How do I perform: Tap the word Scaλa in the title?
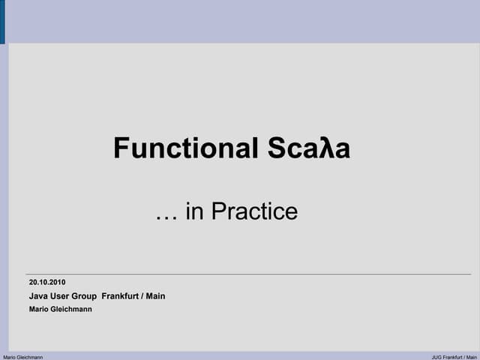[x=308, y=148]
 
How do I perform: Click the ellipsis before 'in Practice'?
[x=166, y=212]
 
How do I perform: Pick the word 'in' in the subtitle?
[x=194, y=212]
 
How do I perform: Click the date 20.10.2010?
[x=47, y=283]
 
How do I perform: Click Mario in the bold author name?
[x=38, y=309]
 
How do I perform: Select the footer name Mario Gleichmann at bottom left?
[x=23, y=357]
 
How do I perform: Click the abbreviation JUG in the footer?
[x=436, y=357]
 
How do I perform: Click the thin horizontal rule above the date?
[x=248, y=274]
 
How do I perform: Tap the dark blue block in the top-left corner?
[x=2, y=21]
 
